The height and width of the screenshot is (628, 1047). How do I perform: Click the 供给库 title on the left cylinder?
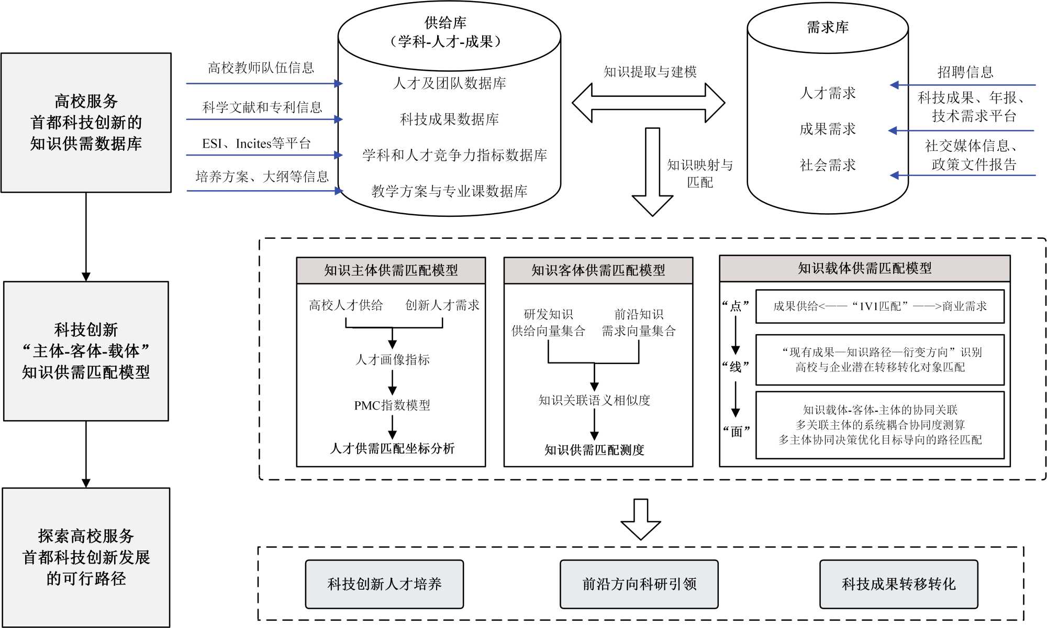tap(445, 23)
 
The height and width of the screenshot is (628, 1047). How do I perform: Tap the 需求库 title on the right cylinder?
tap(828, 27)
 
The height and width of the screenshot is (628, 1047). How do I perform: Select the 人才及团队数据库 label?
tap(449, 83)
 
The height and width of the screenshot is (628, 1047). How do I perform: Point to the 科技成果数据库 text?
tap(449, 119)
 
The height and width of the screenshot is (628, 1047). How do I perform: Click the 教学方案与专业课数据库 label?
tap(449, 191)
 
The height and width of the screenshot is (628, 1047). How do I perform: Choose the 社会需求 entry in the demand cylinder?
tap(828, 166)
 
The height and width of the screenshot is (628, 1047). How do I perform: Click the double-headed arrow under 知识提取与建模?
tap(648, 103)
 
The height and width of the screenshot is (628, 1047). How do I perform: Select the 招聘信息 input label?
tap(965, 72)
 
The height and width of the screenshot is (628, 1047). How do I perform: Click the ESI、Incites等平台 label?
tap(257, 144)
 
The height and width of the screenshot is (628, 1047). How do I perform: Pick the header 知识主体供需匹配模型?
tap(391, 270)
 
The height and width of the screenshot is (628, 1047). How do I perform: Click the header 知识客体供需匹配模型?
tap(598, 270)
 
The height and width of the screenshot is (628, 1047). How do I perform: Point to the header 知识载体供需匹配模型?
tap(865, 269)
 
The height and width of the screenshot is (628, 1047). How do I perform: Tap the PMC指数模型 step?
tap(392, 405)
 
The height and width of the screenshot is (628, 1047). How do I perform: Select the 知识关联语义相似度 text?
tap(594, 400)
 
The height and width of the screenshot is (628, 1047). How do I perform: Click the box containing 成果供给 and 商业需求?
tap(880, 306)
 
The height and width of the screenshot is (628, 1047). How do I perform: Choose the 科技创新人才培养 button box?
tap(384, 584)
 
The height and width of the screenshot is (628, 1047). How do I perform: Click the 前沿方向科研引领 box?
tap(639, 584)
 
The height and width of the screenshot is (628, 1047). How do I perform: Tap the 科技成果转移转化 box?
tap(898, 584)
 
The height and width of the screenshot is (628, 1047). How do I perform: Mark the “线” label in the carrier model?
tap(736, 367)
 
